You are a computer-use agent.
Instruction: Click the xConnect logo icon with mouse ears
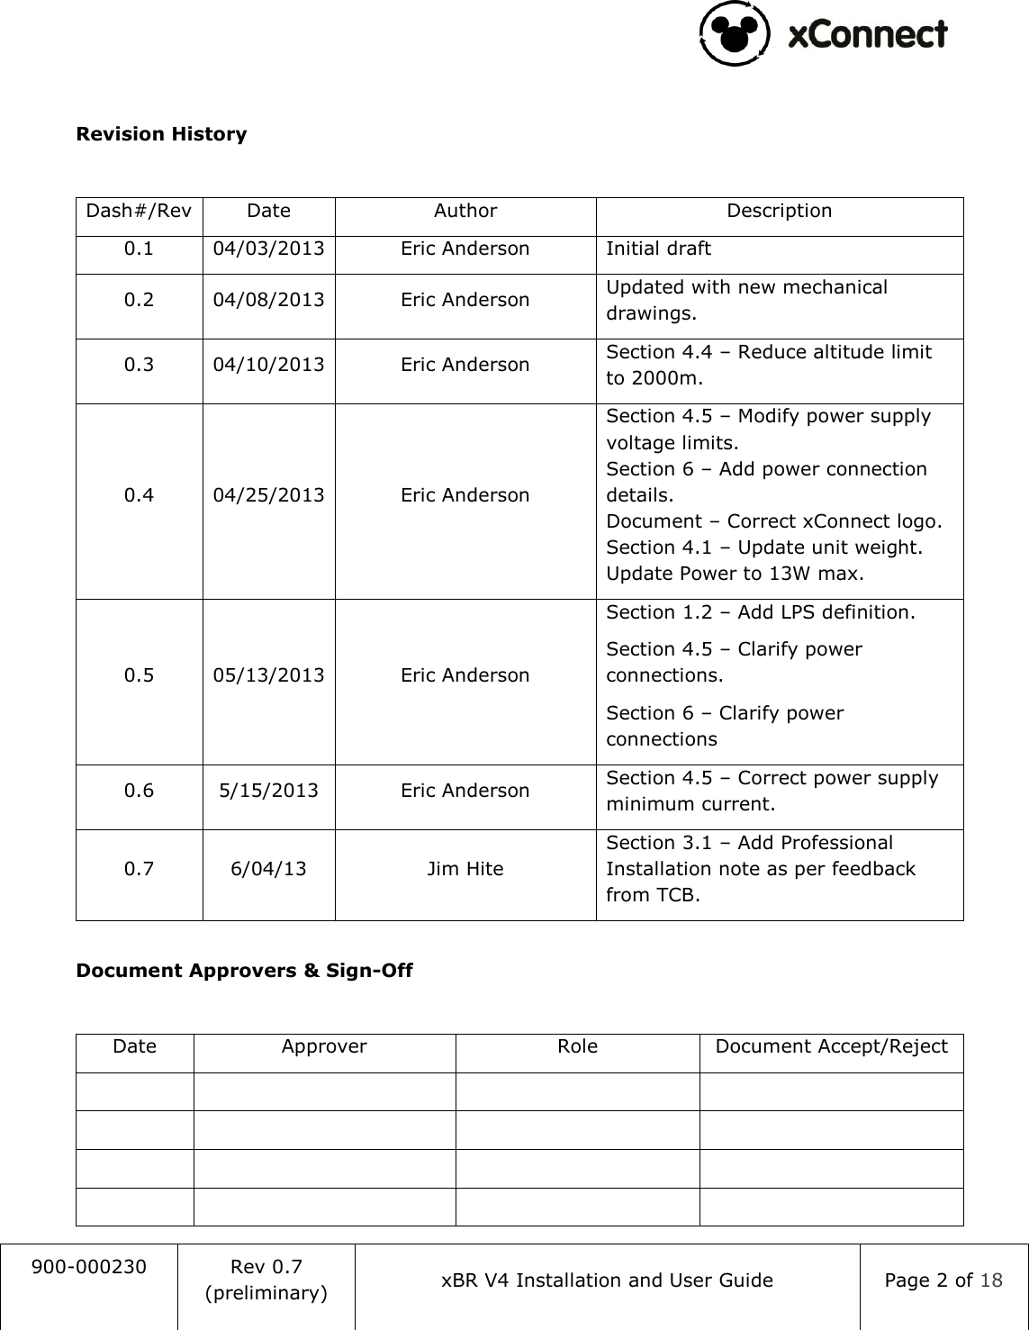734,33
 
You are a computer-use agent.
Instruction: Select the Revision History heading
161,134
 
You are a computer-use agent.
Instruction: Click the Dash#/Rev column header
139,211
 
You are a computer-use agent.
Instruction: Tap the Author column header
465,211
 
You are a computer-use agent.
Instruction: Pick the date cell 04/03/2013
268,249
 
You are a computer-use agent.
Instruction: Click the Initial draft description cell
658,249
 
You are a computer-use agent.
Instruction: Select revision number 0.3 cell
139,365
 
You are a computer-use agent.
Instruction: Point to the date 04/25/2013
268,495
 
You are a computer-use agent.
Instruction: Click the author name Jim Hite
465,869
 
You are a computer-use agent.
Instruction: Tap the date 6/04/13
268,869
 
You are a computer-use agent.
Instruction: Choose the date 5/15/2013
268,791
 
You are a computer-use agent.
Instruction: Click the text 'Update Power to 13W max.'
734,574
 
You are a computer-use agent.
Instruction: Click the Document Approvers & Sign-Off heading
244,971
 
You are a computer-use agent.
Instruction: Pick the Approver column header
324,1046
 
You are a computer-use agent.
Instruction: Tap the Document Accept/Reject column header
831,1046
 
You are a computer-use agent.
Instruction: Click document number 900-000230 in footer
88,1267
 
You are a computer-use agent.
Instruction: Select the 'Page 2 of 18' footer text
943,1280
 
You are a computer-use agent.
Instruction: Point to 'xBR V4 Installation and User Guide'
607,1280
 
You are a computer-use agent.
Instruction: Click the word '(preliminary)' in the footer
266,1293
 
